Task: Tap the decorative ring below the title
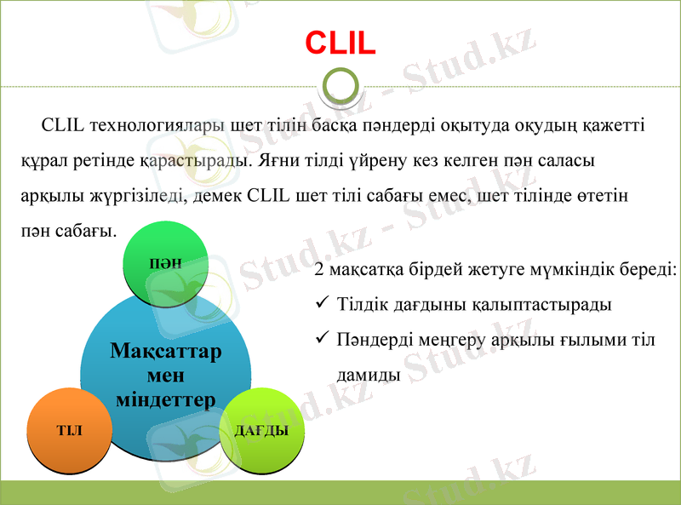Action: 340,86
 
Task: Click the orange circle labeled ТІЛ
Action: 69,430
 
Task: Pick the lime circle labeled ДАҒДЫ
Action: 261,430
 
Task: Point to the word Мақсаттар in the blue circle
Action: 166,352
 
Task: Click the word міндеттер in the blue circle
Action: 166,399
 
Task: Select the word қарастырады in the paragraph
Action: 182,159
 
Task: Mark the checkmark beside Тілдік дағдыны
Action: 322,303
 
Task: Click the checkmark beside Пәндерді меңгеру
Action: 322,338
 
